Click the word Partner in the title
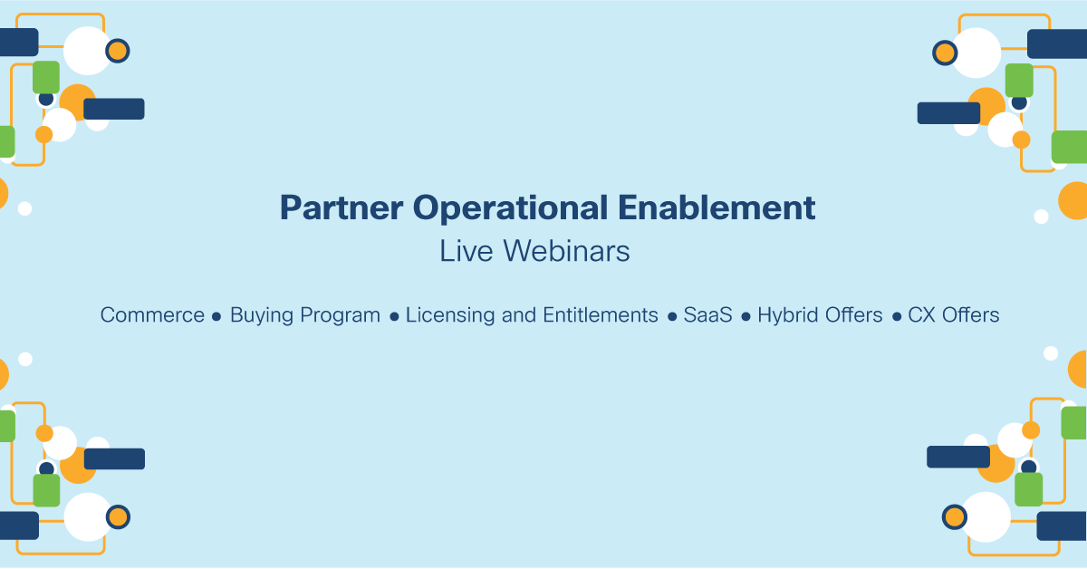coord(341,208)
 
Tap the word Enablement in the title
coord(717,207)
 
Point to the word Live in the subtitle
coord(467,251)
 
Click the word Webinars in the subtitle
coord(566,251)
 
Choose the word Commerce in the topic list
coord(152,315)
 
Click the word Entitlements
coord(601,315)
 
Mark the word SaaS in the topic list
coord(708,315)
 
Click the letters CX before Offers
coord(922,315)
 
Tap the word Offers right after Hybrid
coord(853,315)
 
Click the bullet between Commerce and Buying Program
coord(216,317)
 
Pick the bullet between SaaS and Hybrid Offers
coord(746,317)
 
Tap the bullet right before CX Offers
coord(897,317)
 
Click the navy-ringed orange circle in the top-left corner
coord(118,51)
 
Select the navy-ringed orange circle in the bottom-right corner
coord(955,517)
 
